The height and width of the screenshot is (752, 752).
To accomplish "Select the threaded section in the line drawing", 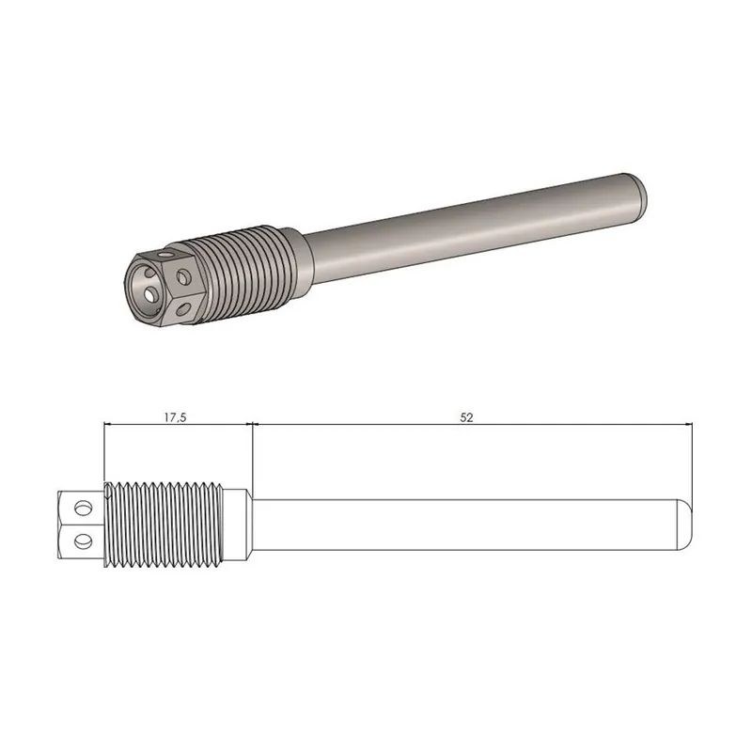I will [x=164, y=525].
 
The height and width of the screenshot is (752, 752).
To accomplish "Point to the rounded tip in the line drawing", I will [x=683, y=524].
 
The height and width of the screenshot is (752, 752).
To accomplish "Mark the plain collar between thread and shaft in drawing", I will [x=238, y=524].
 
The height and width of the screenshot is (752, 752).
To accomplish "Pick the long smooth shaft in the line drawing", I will [x=461, y=524].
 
